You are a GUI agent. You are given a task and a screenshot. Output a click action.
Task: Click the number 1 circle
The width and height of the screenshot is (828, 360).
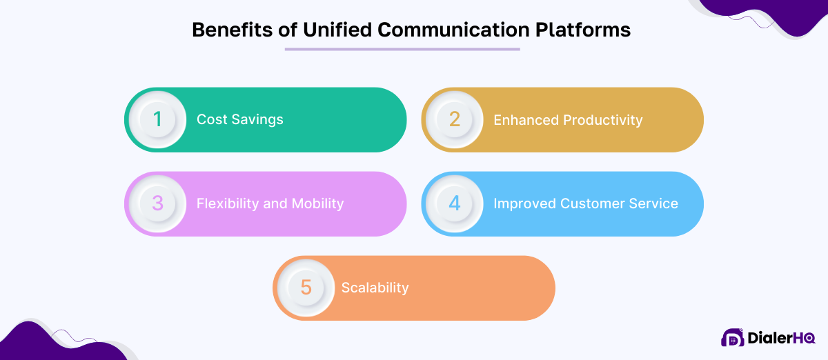(x=157, y=120)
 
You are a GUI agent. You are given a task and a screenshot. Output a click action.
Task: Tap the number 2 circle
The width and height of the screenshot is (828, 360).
(x=454, y=120)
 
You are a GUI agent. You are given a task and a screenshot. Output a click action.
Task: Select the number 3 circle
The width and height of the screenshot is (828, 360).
(x=157, y=204)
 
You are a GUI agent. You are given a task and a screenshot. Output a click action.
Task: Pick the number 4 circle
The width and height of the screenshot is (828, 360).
(x=454, y=204)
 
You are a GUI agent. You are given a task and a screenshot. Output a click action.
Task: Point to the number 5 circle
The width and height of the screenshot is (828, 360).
(x=306, y=288)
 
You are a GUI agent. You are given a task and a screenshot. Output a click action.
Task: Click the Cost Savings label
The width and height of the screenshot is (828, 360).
(x=239, y=120)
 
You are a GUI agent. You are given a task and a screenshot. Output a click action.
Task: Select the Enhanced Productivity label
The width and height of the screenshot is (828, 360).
(x=568, y=120)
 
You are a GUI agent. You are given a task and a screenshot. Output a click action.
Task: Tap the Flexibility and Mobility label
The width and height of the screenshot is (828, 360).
(x=270, y=204)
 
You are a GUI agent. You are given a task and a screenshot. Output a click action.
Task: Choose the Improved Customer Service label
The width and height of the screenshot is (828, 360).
(x=585, y=204)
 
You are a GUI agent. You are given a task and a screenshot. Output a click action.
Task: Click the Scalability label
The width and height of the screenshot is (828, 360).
(x=375, y=288)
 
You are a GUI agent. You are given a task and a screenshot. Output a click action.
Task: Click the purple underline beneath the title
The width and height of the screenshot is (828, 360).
(x=402, y=49)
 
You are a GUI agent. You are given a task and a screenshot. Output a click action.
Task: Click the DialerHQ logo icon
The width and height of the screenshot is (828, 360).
(x=732, y=338)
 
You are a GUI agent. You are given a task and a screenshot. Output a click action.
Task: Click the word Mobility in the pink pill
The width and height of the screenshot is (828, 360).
(x=316, y=204)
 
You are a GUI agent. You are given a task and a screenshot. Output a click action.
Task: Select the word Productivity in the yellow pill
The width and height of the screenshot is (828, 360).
(x=602, y=120)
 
